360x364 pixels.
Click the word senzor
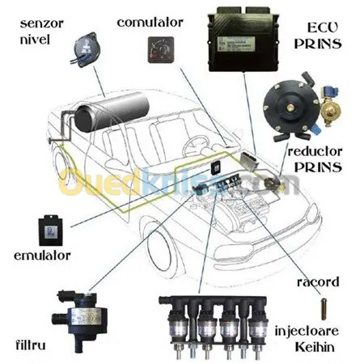42,24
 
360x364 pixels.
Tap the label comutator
150,23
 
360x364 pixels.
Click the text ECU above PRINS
323,28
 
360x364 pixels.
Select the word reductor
315,151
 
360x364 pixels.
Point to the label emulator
42,256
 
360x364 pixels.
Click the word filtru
31,345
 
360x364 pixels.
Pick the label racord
318,282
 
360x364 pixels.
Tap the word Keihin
315,347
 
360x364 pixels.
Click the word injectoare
307,331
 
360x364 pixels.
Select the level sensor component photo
85,49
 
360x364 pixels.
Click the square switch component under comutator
161,50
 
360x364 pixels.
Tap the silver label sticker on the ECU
236,44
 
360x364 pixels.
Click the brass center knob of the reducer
290,108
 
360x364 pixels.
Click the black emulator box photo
51,231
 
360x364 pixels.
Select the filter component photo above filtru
80,320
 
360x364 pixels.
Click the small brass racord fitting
324,309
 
